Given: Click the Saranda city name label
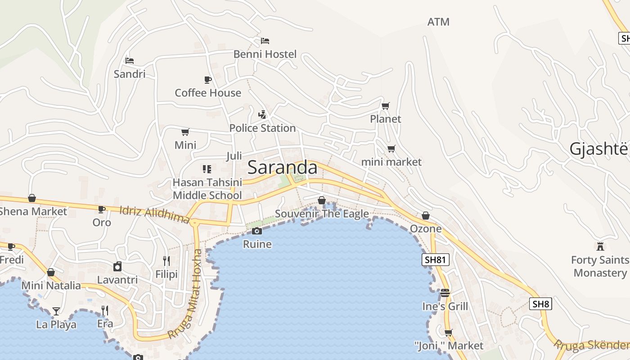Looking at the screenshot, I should tap(282, 167).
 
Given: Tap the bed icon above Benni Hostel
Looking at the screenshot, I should tap(265, 41).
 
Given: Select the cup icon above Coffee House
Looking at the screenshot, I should tap(207, 80).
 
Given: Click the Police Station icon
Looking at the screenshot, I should tap(262, 115).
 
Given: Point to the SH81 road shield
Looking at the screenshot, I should tap(436, 259).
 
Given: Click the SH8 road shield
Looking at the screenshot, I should tap(540, 304).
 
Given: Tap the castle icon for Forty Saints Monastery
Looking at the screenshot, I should tap(600, 246).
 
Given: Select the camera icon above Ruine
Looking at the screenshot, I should tap(257, 231).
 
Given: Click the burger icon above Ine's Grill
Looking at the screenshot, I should tap(445, 293).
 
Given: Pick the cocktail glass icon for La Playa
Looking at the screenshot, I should tap(56, 311).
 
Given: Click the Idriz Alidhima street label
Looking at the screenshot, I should tap(155, 215).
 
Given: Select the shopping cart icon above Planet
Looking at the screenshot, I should tap(386, 106).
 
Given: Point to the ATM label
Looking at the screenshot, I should tap(438, 22).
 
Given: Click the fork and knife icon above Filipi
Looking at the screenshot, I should tap(166, 261).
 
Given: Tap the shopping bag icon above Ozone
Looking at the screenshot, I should tap(425, 216).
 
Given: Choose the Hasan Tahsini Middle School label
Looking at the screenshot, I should tap(207, 189).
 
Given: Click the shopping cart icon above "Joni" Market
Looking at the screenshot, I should tap(448, 333).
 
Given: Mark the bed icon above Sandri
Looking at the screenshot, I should tap(130, 60).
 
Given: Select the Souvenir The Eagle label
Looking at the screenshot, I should tap(322, 214).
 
